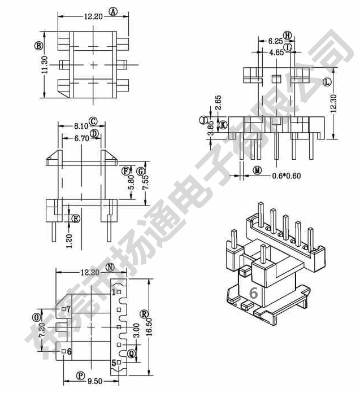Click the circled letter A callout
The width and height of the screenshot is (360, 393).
click(114, 11)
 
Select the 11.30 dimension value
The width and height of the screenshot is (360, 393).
click(45, 65)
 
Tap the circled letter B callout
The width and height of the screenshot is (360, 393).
click(38, 46)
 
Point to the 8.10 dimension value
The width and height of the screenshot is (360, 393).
click(81, 126)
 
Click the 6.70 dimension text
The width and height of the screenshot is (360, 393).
click(82, 138)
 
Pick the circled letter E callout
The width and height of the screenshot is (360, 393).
click(76, 219)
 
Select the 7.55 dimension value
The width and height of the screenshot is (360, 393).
click(146, 182)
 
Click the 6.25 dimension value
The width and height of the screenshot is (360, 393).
click(275, 41)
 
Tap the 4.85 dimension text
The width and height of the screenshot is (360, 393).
click(276, 52)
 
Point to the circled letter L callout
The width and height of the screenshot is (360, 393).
click(327, 82)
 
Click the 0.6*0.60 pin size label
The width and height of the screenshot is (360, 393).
click(286, 176)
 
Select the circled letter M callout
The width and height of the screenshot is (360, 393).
click(257, 171)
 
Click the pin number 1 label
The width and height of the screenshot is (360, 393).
click(114, 292)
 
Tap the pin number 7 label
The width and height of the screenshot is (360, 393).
click(69, 309)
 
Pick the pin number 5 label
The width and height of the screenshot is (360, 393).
click(114, 363)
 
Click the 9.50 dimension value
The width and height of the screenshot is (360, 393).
click(95, 381)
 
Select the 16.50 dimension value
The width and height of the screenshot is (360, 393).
click(149, 326)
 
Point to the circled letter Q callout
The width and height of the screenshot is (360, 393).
click(132, 353)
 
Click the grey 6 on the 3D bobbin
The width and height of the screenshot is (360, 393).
click(254, 292)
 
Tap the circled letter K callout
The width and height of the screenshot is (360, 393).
click(223, 125)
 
